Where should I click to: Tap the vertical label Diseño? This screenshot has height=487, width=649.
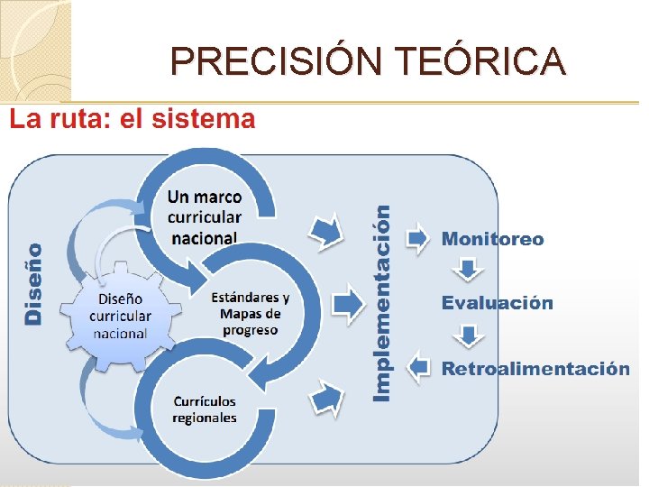[x=33, y=283]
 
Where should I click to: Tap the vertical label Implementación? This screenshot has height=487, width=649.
[x=383, y=302]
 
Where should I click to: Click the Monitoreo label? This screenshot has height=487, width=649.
[x=492, y=239]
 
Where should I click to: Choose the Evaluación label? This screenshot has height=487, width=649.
[x=497, y=303]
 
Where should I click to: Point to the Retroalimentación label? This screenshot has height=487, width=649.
[x=535, y=369]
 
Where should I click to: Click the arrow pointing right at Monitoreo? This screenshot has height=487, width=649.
[x=418, y=238]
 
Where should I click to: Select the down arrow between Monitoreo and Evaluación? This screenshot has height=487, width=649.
[x=468, y=269]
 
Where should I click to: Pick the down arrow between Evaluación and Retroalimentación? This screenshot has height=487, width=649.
[x=468, y=336]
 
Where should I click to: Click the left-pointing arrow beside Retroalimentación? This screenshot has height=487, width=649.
[x=418, y=367]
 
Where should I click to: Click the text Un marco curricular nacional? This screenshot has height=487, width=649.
[x=205, y=217]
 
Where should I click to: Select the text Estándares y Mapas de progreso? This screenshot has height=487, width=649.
[x=250, y=313]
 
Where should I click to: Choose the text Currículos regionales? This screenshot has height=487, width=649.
[x=205, y=409]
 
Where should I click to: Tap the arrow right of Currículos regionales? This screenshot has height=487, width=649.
[x=327, y=397]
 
